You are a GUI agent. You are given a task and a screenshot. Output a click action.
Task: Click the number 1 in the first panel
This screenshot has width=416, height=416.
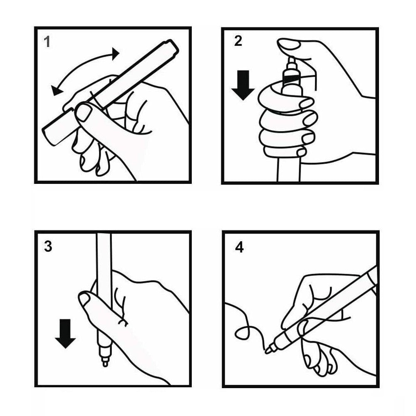(x=47, y=42)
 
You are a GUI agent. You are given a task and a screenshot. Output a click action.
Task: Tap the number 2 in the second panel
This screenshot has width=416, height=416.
(x=238, y=41)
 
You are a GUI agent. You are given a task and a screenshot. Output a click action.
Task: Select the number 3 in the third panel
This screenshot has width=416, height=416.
(x=48, y=246)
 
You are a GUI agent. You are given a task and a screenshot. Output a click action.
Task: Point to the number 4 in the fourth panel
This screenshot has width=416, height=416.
(x=239, y=247)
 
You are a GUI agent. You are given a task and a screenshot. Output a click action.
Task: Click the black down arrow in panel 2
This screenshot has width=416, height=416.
(x=243, y=85)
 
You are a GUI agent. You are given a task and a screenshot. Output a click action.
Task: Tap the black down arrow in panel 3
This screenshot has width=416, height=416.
(x=65, y=334)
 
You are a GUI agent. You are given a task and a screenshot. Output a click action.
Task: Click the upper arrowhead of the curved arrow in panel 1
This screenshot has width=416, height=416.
(x=115, y=54)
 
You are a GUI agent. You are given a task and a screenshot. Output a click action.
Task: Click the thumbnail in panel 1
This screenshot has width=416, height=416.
(x=83, y=112)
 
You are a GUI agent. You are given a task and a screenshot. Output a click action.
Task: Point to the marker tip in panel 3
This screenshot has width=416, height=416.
(x=105, y=362)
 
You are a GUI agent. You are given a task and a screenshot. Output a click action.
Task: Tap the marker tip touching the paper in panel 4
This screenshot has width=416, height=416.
(x=268, y=350)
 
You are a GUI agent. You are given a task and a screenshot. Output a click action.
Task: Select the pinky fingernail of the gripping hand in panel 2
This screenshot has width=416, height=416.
(x=301, y=152)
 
